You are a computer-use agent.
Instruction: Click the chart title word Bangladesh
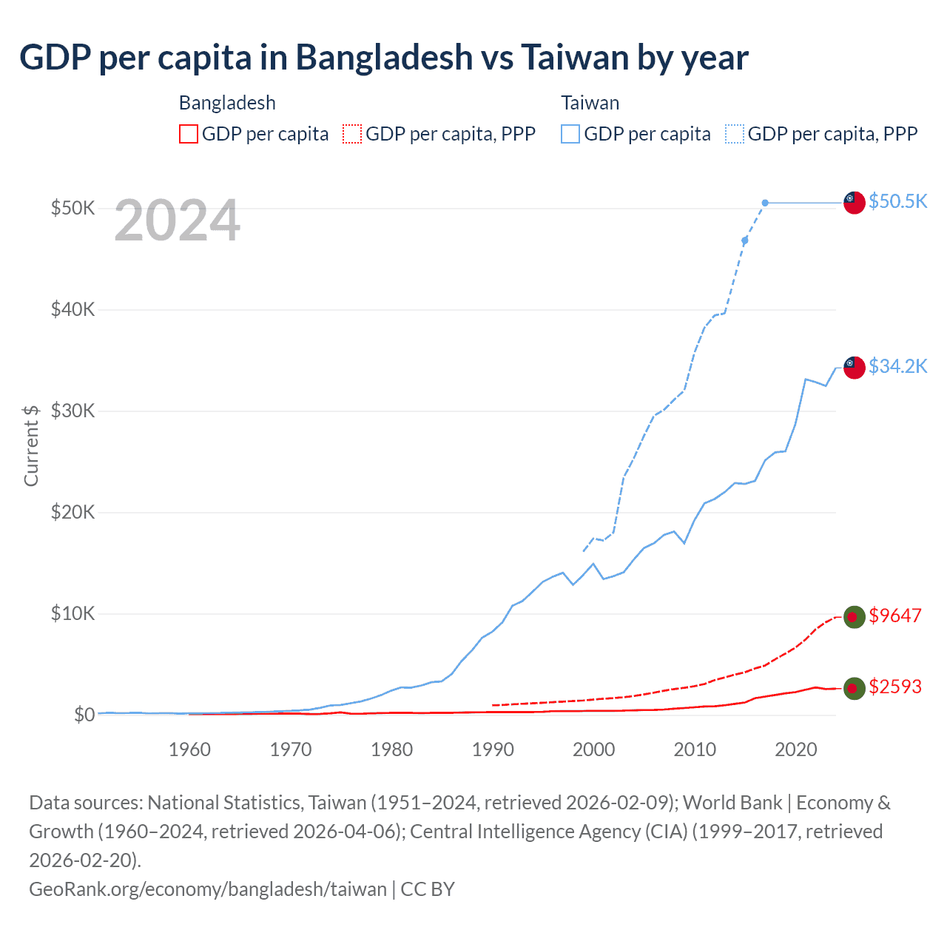coord(384,57)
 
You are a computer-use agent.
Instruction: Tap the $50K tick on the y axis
coord(73,208)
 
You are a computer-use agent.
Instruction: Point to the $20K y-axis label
coord(73,512)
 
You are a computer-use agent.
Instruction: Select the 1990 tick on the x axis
coord(493,749)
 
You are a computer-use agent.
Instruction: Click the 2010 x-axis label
coord(695,749)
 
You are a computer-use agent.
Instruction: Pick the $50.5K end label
coord(897,201)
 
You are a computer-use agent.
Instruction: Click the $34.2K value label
coord(897,366)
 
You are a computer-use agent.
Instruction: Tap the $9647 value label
coord(895,616)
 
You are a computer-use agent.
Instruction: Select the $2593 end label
coord(895,687)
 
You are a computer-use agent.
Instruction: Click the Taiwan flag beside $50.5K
coord(855,202)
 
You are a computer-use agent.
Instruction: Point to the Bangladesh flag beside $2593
coord(855,688)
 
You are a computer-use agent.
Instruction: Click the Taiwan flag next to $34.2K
coord(855,367)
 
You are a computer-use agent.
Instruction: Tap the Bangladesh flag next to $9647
coord(855,617)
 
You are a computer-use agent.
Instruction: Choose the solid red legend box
coord(189,134)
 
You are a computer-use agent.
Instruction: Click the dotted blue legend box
coord(735,134)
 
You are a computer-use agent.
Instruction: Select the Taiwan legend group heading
coord(590,103)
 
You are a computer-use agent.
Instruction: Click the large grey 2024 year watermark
coord(178,220)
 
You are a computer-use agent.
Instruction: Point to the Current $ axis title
coord(31,445)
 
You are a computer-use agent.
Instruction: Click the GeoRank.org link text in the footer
coord(207,889)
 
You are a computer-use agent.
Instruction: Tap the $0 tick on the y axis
coord(84,715)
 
